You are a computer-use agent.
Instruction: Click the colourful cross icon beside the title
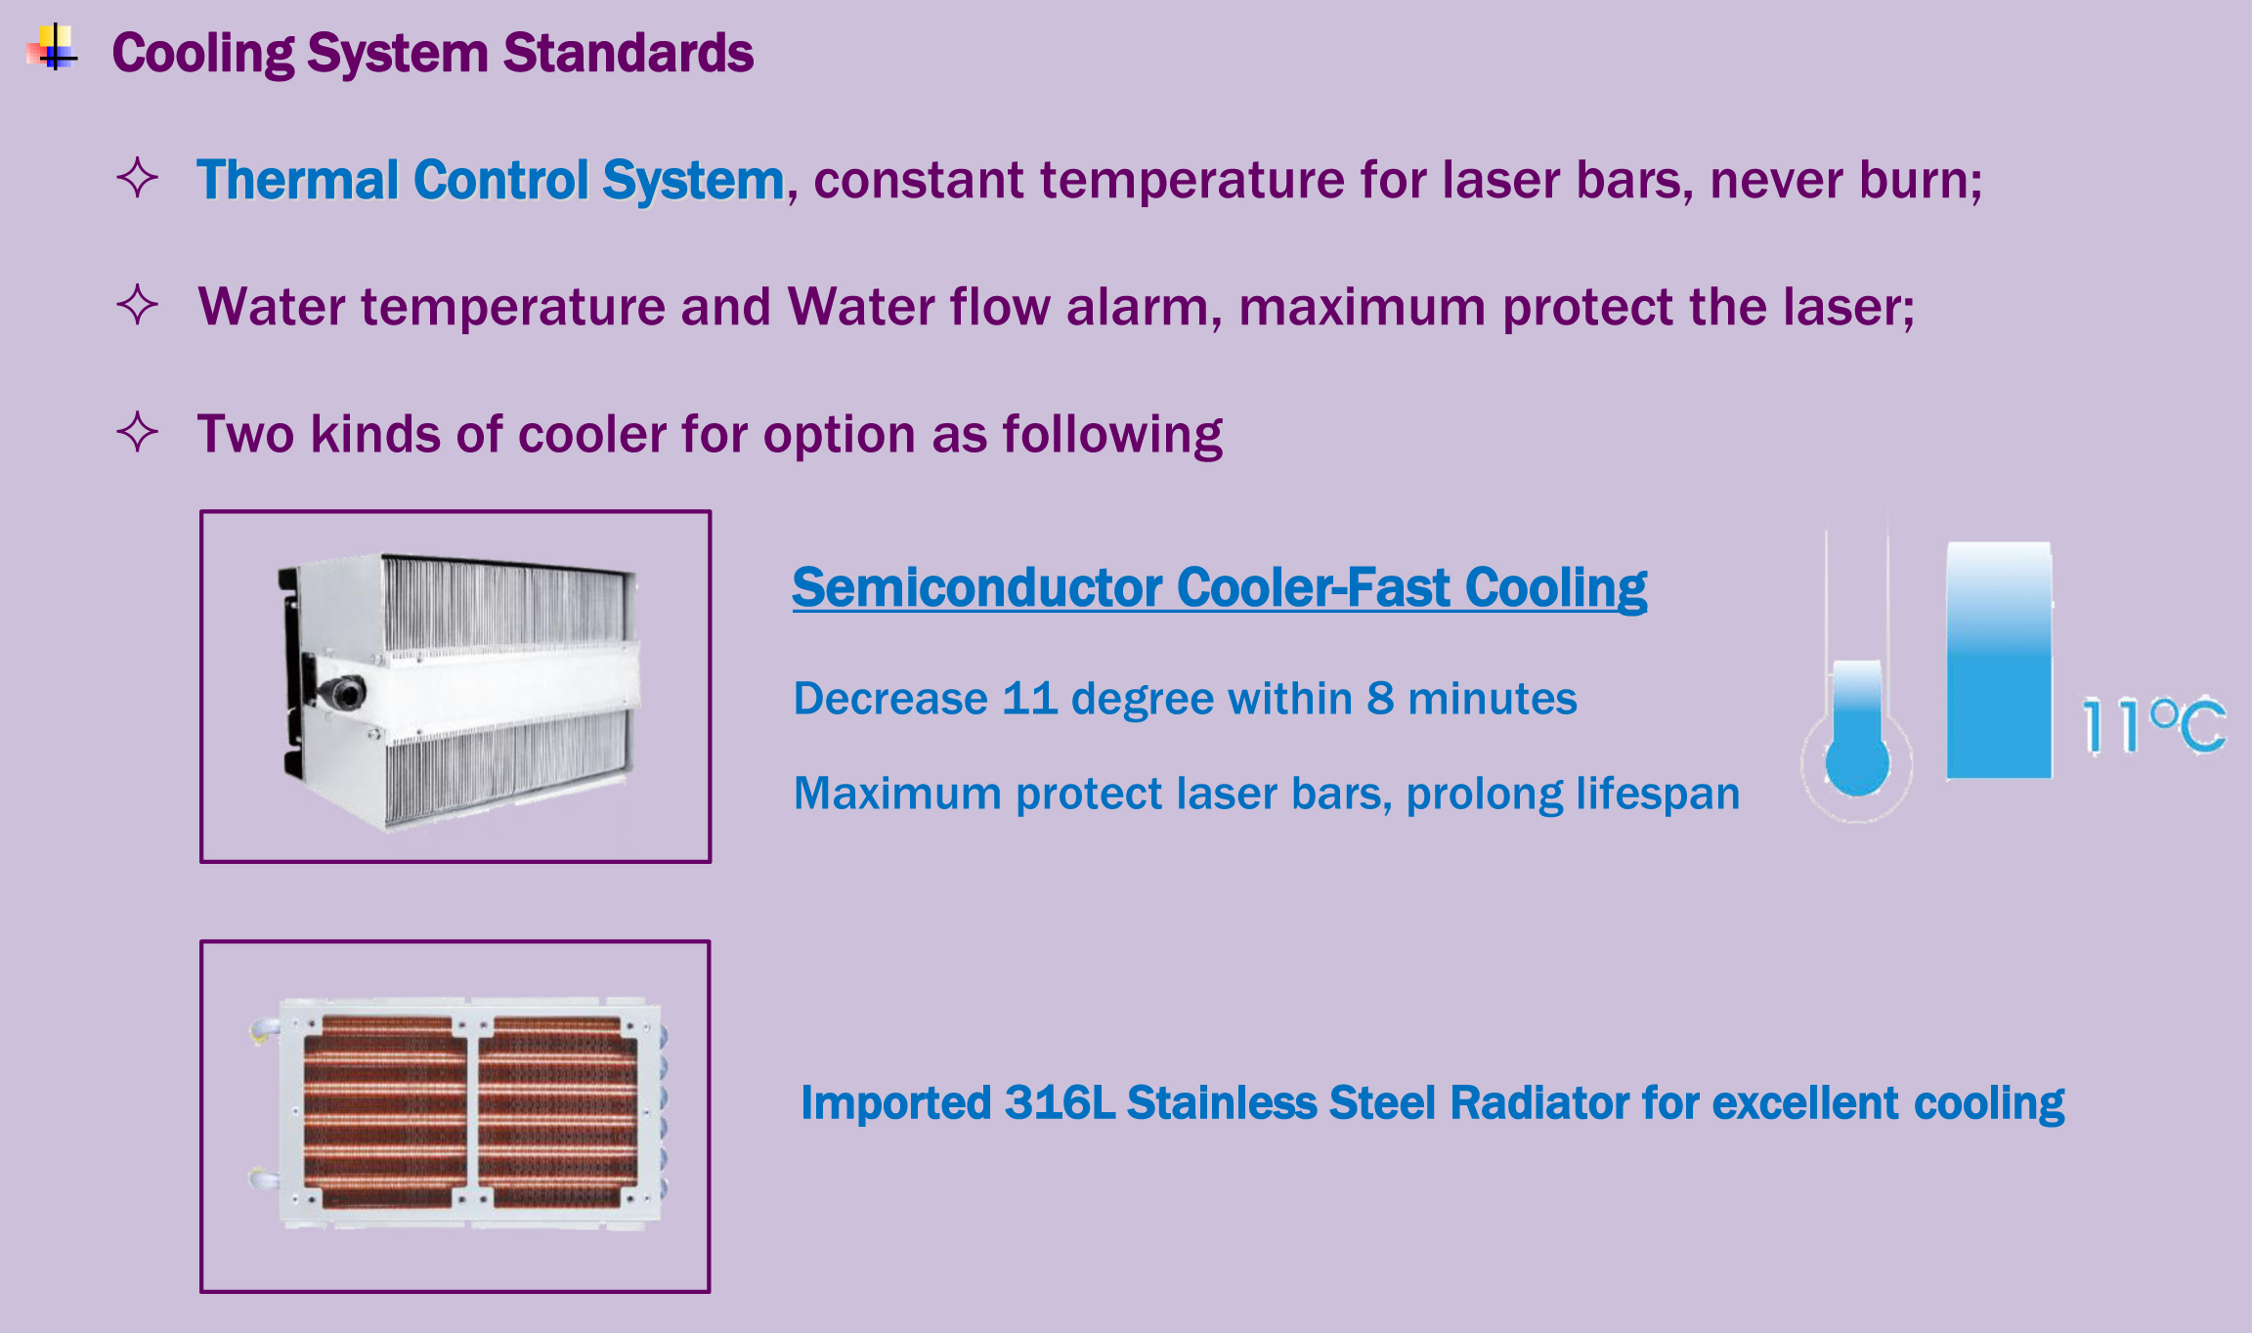53,48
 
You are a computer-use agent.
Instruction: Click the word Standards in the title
628,53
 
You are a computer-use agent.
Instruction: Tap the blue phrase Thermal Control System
491,181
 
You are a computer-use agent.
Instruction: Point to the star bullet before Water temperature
137,305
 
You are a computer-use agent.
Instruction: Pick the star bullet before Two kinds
137,432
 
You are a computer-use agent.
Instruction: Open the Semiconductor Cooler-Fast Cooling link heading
1219,587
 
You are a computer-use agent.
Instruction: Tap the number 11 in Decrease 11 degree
1029,699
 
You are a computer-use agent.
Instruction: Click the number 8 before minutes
1380,699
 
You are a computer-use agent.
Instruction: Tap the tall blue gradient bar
1999,661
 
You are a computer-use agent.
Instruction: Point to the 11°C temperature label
2153,725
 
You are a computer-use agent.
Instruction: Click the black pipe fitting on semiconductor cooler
338,691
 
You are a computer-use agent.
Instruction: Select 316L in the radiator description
1060,1103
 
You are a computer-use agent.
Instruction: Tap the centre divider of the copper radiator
472,1113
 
